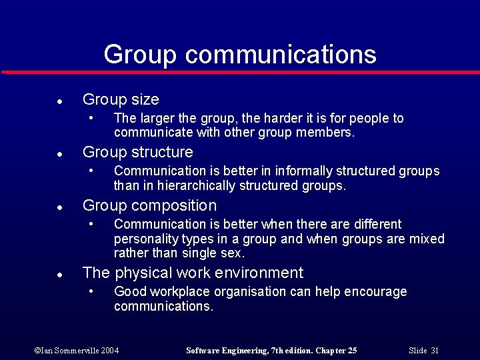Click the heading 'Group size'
[x=121, y=100]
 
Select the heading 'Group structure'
[x=137, y=152]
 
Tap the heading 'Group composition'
[x=149, y=205]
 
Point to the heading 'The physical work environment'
[x=193, y=273]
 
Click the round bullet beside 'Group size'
[x=59, y=101]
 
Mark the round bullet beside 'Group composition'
[x=59, y=207]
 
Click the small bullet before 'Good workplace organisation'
[x=91, y=292]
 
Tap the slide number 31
[x=435, y=351]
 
